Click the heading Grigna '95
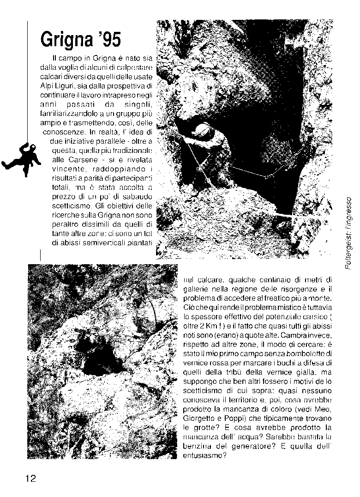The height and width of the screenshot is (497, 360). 81,40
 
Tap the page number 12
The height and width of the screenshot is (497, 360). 31,478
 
